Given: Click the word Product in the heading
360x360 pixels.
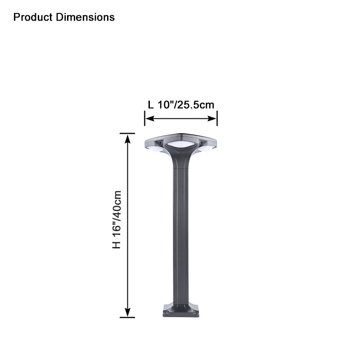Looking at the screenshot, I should (x=33, y=18).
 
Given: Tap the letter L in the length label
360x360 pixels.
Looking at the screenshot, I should (x=151, y=105).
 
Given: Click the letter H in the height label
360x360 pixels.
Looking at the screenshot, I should (x=117, y=244).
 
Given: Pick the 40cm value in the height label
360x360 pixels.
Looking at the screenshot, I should (x=117, y=201).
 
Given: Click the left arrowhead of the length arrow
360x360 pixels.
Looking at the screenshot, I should (x=149, y=119).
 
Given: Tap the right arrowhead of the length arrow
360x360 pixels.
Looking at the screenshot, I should (x=213, y=119).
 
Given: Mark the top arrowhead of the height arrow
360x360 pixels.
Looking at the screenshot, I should (x=128, y=138).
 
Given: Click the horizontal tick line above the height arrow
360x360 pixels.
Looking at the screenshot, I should (x=127, y=134).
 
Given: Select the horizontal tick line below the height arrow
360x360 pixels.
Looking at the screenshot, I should (x=127, y=317).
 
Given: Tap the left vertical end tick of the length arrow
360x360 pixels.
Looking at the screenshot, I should (x=144, y=119).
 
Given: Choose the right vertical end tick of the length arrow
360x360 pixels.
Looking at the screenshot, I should (x=217, y=119).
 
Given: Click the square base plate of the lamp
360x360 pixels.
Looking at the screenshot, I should (x=181, y=310).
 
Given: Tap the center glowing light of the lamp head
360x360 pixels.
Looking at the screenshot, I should (x=181, y=145).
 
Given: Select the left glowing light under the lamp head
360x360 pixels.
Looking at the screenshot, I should (x=155, y=148).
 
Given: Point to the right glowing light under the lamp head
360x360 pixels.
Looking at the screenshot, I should (x=207, y=148).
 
